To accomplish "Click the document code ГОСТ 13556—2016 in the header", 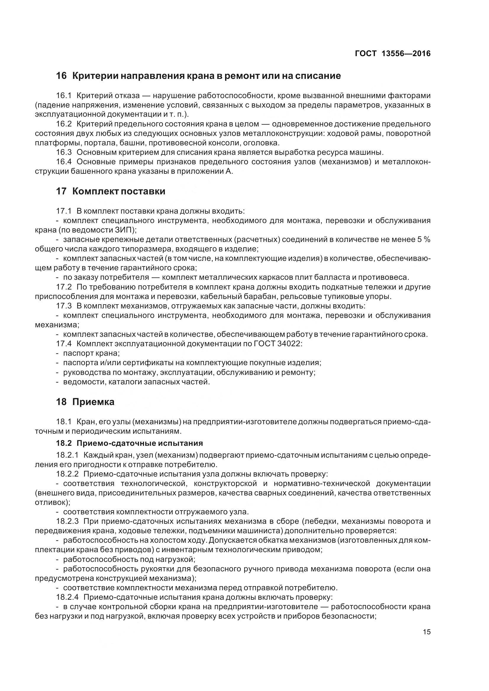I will (393, 53).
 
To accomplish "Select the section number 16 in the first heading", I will (61, 76).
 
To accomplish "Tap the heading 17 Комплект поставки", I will (111, 191).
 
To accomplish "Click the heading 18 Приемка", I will (85, 402).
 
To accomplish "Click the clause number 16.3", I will (64, 152).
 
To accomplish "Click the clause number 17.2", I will (64, 287).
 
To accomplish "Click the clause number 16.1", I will (64, 96).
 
